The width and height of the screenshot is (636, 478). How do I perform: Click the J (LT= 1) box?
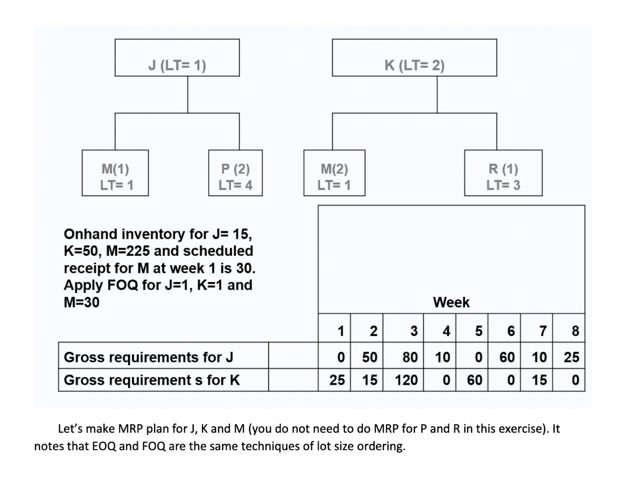tap(177, 66)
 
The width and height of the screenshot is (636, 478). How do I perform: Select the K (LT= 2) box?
tap(414, 66)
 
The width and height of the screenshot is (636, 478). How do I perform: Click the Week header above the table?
tap(451, 303)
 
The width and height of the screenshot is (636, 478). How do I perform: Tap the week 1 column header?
tap(341, 331)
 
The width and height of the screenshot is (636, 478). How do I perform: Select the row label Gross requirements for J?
tap(148, 357)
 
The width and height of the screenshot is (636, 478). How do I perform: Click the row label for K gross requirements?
tap(151, 380)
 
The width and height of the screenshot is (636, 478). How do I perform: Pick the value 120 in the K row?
tap(406, 380)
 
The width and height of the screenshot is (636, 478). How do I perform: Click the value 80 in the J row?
tap(409, 357)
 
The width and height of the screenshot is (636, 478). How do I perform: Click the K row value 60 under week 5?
tap(475, 380)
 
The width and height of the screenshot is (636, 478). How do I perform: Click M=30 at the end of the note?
tap(81, 302)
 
